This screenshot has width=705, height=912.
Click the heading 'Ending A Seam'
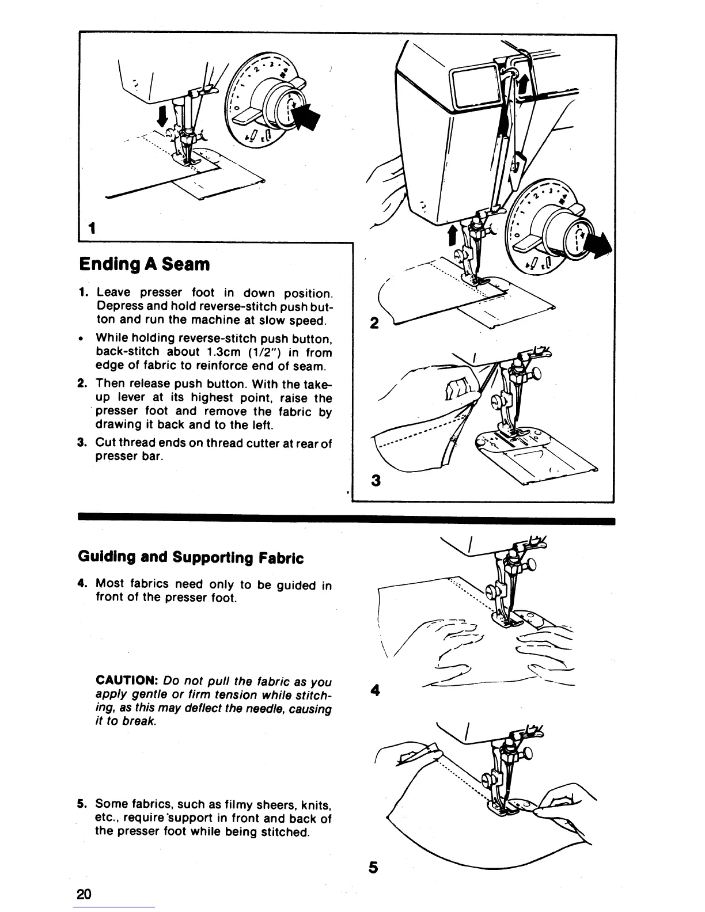[x=144, y=265]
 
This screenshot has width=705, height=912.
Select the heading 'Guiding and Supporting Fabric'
[x=190, y=558]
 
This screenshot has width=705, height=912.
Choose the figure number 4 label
[x=375, y=689]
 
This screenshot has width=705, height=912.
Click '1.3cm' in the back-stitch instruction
[x=220, y=352]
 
